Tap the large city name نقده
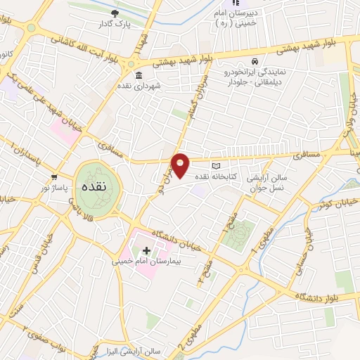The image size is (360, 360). (93, 187)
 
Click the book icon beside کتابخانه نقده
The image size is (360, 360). (226, 164)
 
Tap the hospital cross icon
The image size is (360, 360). (146, 250)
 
